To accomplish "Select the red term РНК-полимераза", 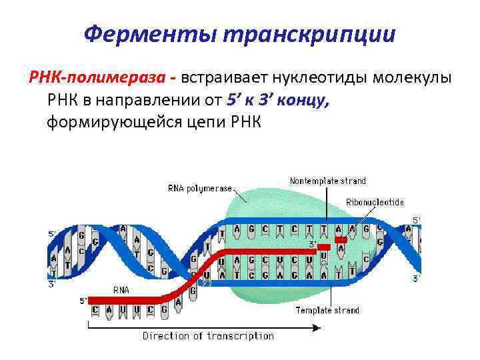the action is (x=99, y=78).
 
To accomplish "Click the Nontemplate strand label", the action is (x=327, y=181).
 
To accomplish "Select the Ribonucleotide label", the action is (x=375, y=202).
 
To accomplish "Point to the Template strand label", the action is (x=327, y=310).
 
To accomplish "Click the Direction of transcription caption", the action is (x=207, y=336).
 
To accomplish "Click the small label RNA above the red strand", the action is (x=121, y=290).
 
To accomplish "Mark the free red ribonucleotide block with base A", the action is (x=341, y=245).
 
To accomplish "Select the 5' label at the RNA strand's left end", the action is (x=83, y=300).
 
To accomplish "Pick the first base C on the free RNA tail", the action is (x=95, y=310).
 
